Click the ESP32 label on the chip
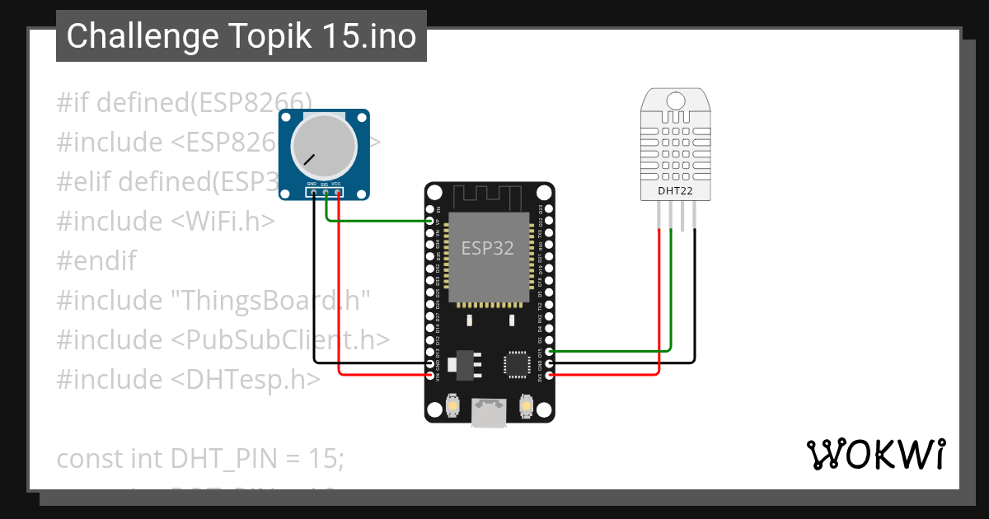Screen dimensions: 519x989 (488, 248)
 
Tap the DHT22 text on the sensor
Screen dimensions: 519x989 (675, 192)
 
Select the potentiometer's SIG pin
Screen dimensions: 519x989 (326, 193)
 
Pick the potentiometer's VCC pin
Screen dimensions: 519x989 (338, 193)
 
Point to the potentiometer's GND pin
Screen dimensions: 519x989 (313, 193)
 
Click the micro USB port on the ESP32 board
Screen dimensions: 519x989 (490, 412)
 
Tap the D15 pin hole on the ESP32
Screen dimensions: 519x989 (550, 351)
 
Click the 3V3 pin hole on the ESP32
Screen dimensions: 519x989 (550, 375)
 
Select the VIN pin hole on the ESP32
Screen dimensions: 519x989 (430, 375)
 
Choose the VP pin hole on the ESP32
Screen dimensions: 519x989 (430, 221)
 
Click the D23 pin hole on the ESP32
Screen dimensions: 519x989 (550, 209)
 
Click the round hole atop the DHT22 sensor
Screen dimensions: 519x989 (675, 101)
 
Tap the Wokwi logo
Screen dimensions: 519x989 (875, 454)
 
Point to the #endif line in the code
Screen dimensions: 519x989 (96, 261)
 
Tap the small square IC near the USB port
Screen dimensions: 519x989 (518, 363)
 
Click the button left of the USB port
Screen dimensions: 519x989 (452, 405)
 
